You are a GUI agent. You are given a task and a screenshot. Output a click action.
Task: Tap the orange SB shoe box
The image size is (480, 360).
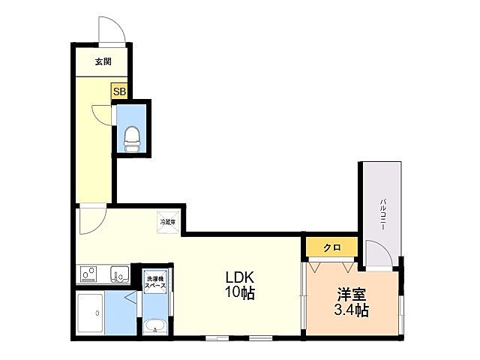(119, 91)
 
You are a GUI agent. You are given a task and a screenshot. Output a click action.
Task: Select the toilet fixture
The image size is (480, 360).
(132, 136)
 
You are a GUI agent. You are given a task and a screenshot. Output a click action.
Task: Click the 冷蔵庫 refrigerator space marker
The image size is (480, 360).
(166, 222)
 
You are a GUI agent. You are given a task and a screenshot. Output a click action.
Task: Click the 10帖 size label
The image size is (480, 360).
(240, 293)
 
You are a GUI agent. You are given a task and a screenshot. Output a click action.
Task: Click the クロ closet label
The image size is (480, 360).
(331, 247)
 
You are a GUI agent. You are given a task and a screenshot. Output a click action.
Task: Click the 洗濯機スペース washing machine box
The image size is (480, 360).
(157, 281)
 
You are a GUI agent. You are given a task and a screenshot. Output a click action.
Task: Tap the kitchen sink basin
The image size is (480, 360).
(118, 274)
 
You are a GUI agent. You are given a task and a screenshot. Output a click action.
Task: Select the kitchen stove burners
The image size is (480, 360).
(90, 274)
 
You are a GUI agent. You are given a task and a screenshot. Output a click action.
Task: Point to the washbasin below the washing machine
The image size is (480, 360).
(156, 325)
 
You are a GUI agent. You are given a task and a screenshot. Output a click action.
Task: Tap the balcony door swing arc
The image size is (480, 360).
(379, 255)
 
